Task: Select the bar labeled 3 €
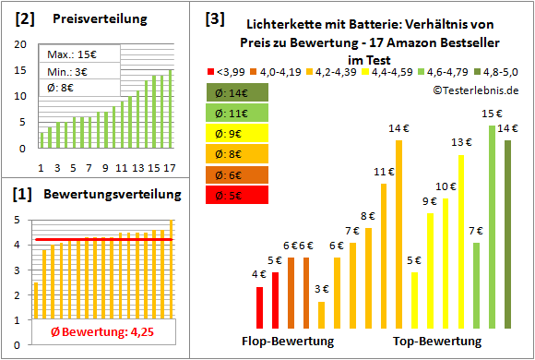321,315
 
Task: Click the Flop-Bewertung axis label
288,342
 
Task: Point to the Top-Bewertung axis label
437,342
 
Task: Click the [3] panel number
214,18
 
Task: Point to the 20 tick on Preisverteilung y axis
22,43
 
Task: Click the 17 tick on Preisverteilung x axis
170,167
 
